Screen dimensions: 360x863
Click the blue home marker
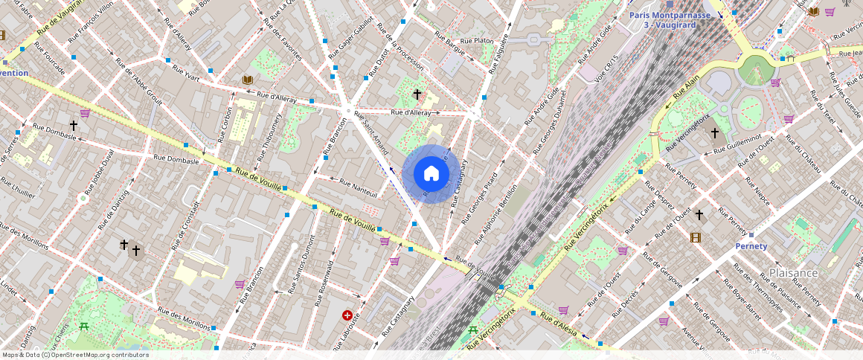[x=431, y=174]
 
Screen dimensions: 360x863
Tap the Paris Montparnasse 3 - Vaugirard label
[x=670, y=20]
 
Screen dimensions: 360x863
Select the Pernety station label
[x=751, y=246]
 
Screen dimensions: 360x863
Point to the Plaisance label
[x=794, y=273]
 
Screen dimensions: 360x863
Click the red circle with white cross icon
[x=347, y=315]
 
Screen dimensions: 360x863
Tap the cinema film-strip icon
[x=695, y=237]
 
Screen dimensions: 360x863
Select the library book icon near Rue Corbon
[x=247, y=80]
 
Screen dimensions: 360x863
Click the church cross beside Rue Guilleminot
[x=714, y=133]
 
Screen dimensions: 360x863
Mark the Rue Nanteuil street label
[x=358, y=187]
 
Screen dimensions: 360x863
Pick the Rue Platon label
[x=477, y=41]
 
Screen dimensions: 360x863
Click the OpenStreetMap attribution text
[x=75, y=355]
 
